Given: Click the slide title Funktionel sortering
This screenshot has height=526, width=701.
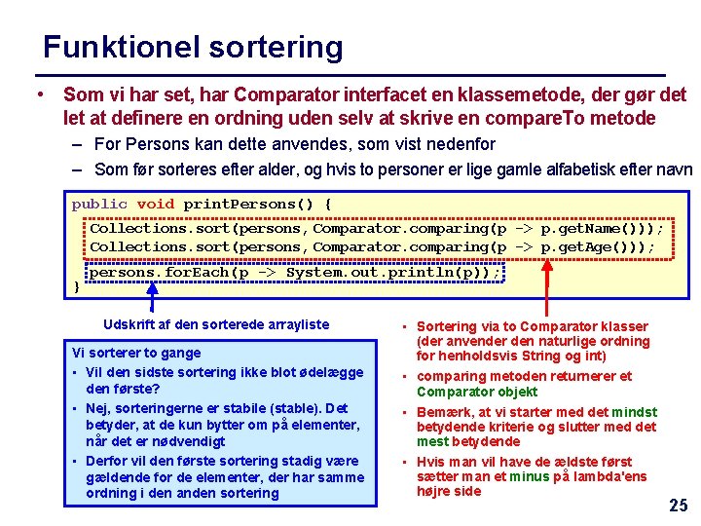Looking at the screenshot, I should pos(193,47).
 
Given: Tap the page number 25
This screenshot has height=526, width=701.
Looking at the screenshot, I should pos(678,505).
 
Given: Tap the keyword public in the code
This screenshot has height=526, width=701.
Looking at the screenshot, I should pos(99,204).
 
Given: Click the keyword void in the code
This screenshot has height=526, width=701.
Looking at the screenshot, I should pos(156,204).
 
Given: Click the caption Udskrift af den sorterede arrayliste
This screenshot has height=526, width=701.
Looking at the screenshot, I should pos(216,324).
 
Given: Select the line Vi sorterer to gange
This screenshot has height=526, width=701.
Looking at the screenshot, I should pos(136,353).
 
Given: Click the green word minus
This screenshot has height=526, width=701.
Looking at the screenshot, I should pos(530,476).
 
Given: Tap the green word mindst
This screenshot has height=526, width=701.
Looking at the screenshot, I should pos(635,411).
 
